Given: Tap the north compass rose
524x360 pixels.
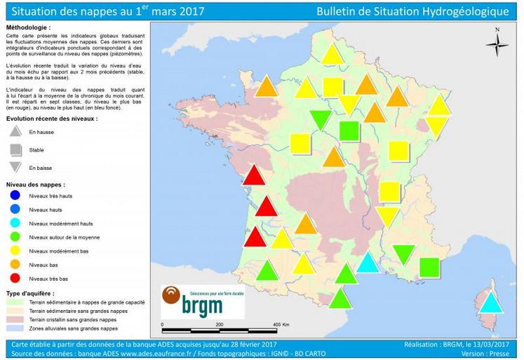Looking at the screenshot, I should (x=497, y=44).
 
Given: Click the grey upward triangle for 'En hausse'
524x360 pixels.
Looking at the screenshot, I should (x=16, y=131).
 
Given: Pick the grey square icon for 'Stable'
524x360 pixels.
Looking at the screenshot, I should (x=16, y=149).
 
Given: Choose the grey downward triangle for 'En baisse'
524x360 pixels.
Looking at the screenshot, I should (x=16, y=168).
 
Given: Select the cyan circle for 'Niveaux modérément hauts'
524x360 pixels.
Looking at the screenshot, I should (x=15, y=222).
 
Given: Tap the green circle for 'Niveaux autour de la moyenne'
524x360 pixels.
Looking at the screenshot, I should (x=15, y=236).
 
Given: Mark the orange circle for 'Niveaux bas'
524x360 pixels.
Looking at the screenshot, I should (x=15, y=265).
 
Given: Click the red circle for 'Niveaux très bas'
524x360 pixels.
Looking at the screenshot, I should (x=15, y=279).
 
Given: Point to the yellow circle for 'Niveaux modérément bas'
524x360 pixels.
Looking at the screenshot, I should (x=15, y=251).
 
